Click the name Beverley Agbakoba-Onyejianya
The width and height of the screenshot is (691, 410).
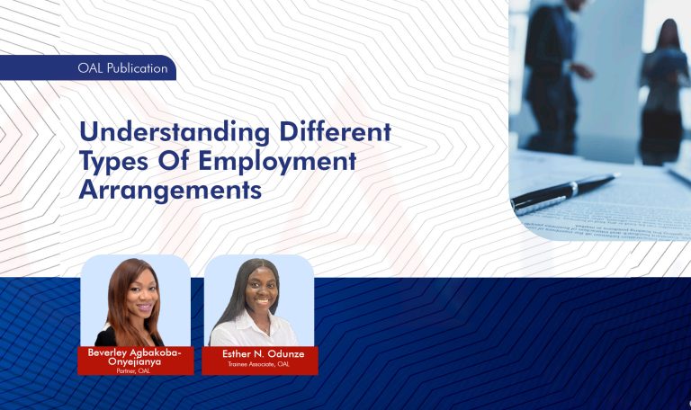(135, 358)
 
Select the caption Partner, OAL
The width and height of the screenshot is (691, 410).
(135, 370)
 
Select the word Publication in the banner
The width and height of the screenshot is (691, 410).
(137, 68)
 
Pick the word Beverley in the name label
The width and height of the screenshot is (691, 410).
(111, 352)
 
